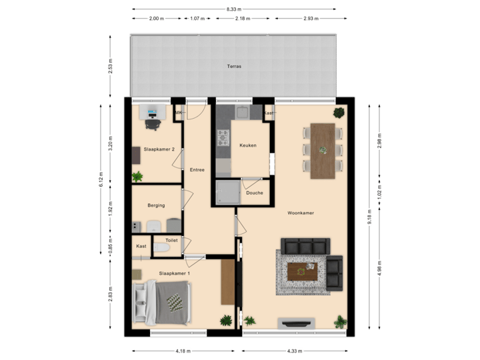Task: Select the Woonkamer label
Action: (x=301, y=213)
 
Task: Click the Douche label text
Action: (x=254, y=193)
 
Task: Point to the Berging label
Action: (x=156, y=206)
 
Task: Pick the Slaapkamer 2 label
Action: (x=159, y=149)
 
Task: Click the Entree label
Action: (x=197, y=170)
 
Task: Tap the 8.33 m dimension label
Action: (x=233, y=9)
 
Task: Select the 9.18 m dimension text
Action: (x=371, y=217)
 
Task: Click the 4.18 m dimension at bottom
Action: (x=183, y=351)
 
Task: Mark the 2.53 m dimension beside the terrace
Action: (x=111, y=67)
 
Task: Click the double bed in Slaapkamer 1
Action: (x=163, y=304)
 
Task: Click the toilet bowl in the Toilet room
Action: (x=161, y=248)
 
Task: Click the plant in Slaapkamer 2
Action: (x=137, y=177)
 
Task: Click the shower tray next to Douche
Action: (x=227, y=193)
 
